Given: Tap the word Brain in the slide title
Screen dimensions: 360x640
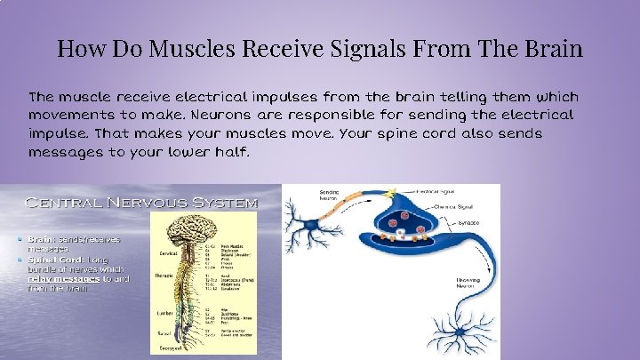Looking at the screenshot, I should (x=551, y=48).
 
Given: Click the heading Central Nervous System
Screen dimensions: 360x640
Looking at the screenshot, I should (x=142, y=203).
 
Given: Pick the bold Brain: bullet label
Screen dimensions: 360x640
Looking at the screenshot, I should (x=41, y=239).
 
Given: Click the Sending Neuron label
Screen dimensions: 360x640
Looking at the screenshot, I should (x=329, y=196).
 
